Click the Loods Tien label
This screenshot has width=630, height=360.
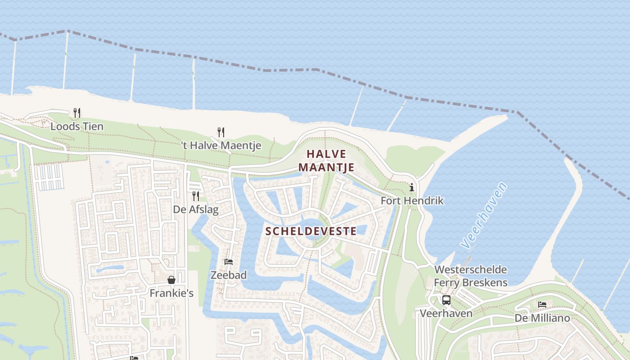(77, 126)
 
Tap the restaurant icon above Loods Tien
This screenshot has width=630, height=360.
(77, 112)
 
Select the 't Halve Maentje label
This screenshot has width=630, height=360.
(221, 145)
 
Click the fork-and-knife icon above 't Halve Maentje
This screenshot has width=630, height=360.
(220, 132)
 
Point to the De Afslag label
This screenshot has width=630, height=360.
(196, 210)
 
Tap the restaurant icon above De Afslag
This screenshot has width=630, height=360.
(196, 196)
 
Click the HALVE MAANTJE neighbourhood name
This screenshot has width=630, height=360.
(326, 161)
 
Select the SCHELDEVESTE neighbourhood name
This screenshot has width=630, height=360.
(311, 231)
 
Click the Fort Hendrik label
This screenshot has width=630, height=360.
(412, 201)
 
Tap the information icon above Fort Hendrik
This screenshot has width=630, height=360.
(412, 187)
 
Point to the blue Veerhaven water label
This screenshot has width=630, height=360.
(484, 215)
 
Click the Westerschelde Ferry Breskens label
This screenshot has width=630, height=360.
(471, 276)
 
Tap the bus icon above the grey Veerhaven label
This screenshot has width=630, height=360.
(446, 300)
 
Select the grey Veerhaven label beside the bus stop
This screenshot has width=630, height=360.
(446, 313)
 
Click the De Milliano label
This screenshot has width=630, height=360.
(542, 318)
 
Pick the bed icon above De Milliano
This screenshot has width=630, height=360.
(542, 305)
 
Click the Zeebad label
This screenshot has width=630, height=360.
(229, 275)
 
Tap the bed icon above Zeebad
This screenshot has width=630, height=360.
(229, 261)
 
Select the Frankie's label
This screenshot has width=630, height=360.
(171, 293)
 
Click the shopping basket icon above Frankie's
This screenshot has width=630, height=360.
(171, 280)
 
